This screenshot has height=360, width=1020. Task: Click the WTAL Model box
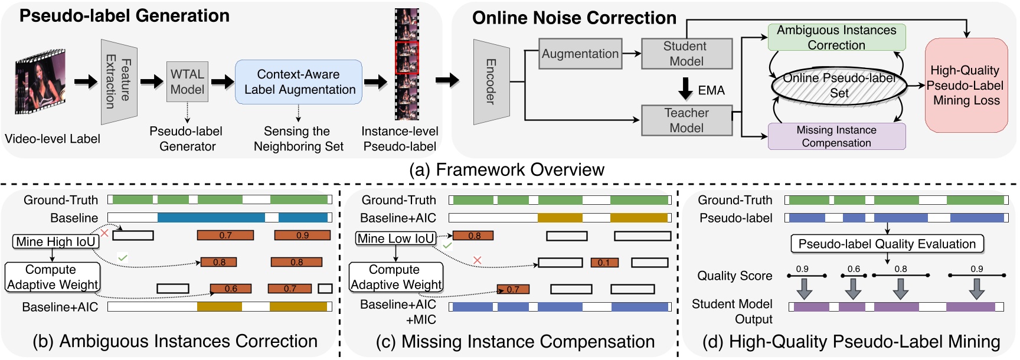click(x=187, y=82)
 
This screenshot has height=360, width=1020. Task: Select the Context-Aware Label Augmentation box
click(x=299, y=82)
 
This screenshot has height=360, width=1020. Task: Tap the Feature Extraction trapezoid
click(x=119, y=82)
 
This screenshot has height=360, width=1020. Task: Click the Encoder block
click(x=491, y=82)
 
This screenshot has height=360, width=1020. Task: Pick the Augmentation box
click(x=580, y=54)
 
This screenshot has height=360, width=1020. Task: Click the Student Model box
click(x=686, y=54)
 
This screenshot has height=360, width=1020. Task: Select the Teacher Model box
click(x=686, y=120)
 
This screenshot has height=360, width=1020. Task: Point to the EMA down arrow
click(x=685, y=89)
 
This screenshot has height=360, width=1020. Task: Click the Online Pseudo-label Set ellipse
click(x=839, y=86)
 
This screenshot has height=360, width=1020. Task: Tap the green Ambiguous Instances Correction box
click(x=836, y=37)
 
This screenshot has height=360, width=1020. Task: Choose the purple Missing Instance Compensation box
click(x=836, y=136)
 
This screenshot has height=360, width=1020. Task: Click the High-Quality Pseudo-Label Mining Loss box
click(x=966, y=86)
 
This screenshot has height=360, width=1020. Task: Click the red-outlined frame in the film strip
click(x=407, y=57)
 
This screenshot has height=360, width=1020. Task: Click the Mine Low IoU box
click(x=395, y=238)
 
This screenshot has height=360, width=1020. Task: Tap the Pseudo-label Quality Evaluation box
click(x=887, y=244)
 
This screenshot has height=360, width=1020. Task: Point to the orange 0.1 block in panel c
click(x=604, y=263)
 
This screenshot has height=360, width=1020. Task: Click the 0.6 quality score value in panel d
click(x=854, y=269)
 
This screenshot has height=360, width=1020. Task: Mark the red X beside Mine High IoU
click(x=104, y=234)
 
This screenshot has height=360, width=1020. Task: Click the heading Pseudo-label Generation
click(x=125, y=16)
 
